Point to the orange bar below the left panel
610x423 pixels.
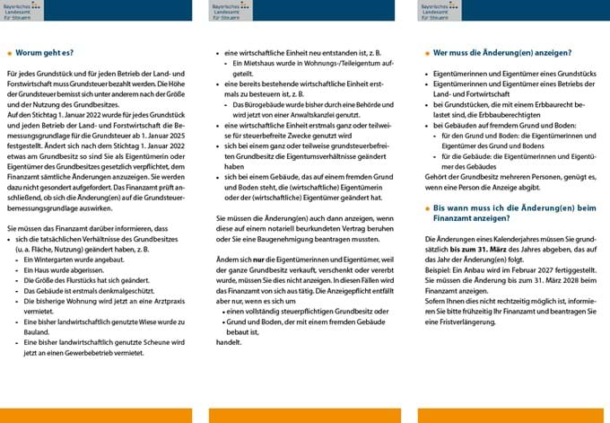click(x=96, y=415)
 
